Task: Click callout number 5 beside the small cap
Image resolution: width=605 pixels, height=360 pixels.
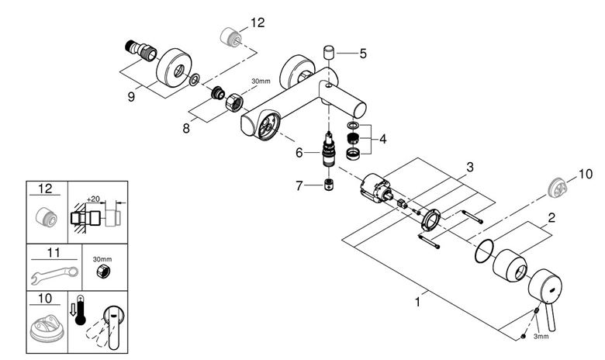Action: pyautogui.click(x=363, y=54)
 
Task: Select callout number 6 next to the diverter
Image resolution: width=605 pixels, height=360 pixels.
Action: pyautogui.click(x=299, y=153)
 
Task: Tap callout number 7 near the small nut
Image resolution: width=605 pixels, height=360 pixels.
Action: pyautogui.click(x=299, y=186)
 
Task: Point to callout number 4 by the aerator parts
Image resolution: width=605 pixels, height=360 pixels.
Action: pyautogui.click(x=382, y=139)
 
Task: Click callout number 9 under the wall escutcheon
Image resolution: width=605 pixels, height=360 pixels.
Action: pyautogui.click(x=131, y=96)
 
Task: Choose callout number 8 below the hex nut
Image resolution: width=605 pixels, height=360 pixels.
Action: pyautogui.click(x=186, y=128)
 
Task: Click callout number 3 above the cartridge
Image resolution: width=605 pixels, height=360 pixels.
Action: pyautogui.click(x=469, y=168)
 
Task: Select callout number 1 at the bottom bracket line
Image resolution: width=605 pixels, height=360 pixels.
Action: pyautogui.click(x=417, y=302)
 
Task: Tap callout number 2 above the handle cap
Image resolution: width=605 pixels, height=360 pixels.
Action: pyautogui.click(x=551, y=218)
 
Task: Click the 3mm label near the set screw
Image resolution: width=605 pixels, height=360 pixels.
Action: pyautogui.click(x=541, y=337)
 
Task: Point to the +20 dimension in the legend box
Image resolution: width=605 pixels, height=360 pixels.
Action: pyautogui.click(x=93, y=199)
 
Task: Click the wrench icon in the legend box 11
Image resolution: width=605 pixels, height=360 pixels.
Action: pyautogui.click(x=54, y=275)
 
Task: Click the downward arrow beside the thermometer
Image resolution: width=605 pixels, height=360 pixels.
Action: pyautogui.click(x=73, y=310)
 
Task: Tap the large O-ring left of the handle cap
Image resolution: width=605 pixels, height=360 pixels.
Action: pyautogui.click(x=484, y=251)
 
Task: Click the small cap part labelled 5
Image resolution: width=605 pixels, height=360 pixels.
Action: pyautogui.click(x=328, y=52)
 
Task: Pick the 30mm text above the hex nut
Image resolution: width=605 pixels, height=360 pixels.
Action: pyautogui.click(x=261, y=81)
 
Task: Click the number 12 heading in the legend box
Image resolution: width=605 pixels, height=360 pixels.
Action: pyautogui.click(x=45, y=189)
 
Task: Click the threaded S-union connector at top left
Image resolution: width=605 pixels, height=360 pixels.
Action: pyautogui.click(x=141, y=51)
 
